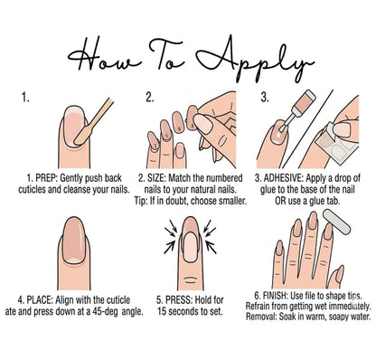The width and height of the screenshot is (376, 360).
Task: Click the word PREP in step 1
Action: (x=46, y=178)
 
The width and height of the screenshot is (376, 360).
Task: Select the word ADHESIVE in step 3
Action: (x=284, y=178)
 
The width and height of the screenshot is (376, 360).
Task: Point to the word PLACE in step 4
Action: (x=40, y=300)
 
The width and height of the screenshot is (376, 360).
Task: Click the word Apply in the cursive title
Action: (x=256, y=59)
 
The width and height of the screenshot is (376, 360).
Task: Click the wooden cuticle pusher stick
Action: (x=94, y=121)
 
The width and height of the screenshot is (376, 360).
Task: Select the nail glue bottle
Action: (x=297, y=110)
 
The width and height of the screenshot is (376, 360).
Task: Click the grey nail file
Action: (x=337, y=223)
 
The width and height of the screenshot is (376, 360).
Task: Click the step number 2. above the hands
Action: (x=150, y=98)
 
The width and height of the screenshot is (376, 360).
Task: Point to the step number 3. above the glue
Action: (x=265, y=98)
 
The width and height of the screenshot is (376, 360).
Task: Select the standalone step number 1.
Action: (x=25, y=98)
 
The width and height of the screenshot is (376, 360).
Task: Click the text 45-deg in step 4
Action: (x=105, y=311)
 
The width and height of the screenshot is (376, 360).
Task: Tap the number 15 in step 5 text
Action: (x=162, y=311)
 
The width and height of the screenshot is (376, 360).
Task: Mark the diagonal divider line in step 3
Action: (x=306, y=128)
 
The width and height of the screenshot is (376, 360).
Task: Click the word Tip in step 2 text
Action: (x=139, y=201)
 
